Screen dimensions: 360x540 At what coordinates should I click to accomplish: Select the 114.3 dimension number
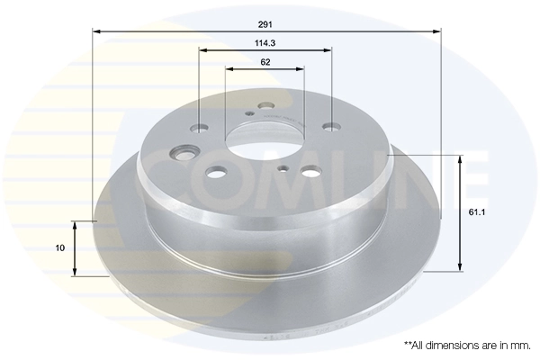265,42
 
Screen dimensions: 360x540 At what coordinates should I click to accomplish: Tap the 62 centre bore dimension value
265,62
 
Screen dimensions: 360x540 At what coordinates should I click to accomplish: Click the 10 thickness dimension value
59,247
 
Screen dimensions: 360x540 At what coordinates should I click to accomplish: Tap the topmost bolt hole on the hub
265,105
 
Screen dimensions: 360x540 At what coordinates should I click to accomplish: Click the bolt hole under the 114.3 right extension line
334,128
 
